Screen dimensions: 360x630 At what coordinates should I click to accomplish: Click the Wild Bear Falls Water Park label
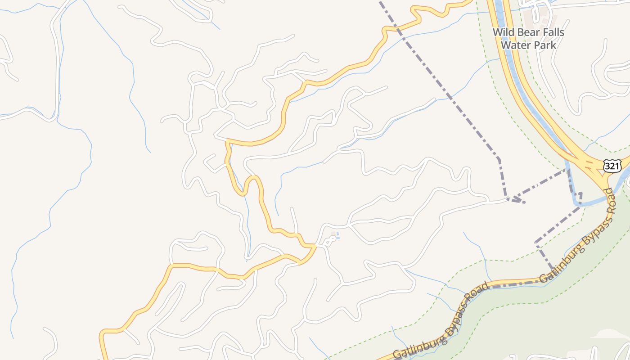528,39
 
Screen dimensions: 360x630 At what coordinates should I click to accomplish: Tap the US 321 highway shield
612,166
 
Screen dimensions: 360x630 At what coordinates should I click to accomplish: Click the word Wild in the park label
502,32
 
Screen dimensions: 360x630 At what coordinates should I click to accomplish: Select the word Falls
552,32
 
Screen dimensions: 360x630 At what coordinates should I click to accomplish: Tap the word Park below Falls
544,45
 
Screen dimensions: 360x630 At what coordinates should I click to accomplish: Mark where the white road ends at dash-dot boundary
508,199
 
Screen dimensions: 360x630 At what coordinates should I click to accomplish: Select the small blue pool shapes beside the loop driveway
335,235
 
